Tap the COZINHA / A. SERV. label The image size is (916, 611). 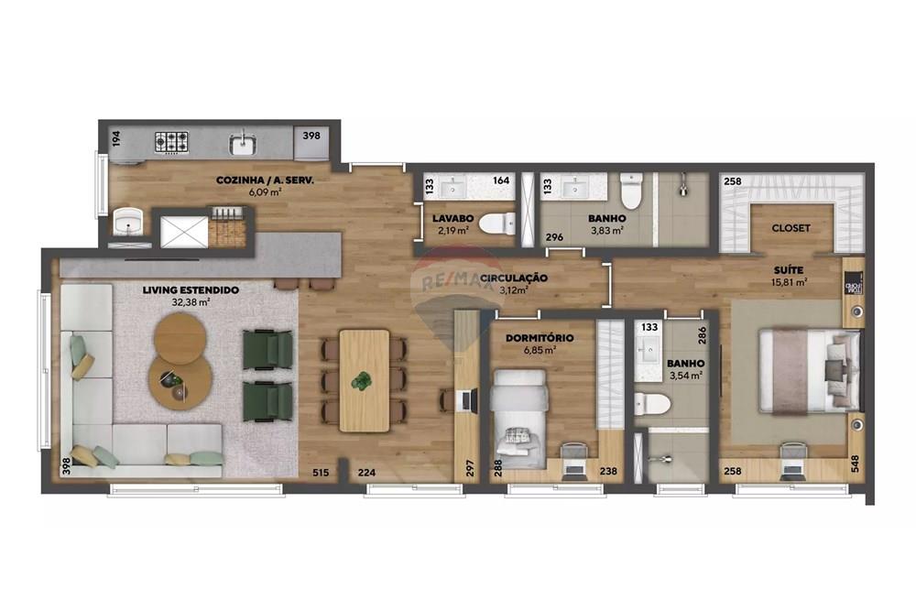[265, 181]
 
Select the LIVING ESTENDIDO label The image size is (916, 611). [191, 289]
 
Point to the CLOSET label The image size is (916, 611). [791, 228]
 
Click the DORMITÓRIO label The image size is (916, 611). [540, 338]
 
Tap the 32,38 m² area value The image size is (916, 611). [191, 301]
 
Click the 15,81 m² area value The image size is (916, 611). [788, 282]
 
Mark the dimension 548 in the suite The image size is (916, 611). [856, 465]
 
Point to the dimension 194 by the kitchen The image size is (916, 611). [116, 139]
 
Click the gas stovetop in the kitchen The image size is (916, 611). [171, 142]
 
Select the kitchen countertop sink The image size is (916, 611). [244, 143]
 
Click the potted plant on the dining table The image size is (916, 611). [364, 379]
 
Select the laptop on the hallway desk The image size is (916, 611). [467, 399]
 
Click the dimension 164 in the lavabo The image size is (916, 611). [501, 181]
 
